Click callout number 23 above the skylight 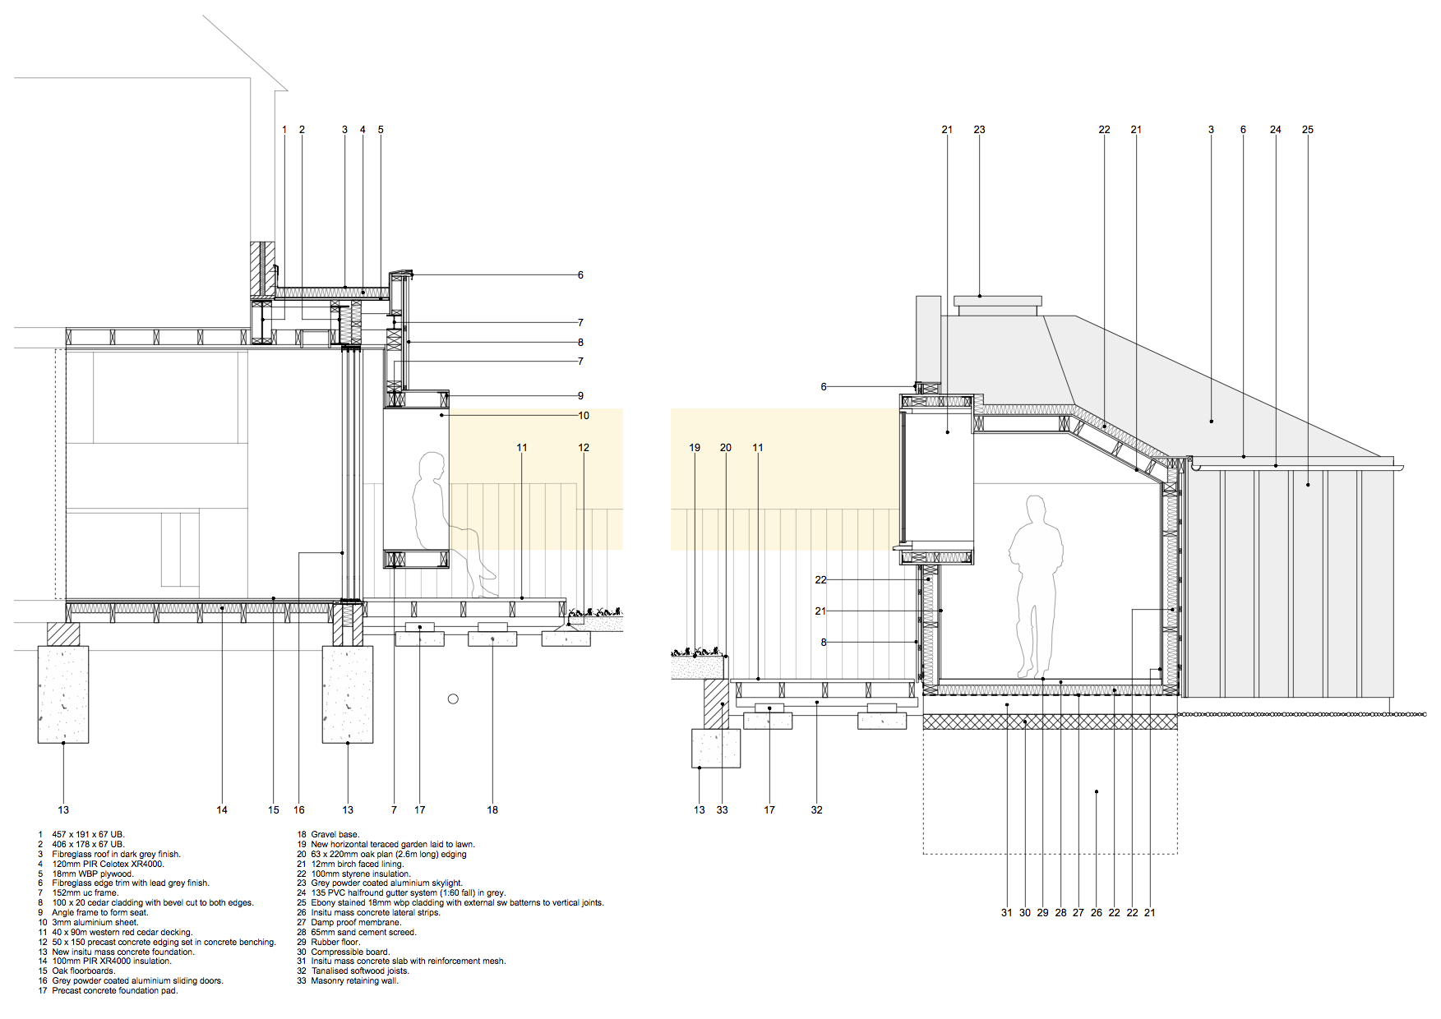[979, 130]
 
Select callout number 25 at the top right [1308, 130]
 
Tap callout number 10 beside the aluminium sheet [584, 416]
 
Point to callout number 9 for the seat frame [580, 396]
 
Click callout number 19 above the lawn [695, 448]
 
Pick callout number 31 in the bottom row [1006, 913]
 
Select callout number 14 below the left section [222, 810]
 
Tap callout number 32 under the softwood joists [816, 810]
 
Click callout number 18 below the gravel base [492, 810]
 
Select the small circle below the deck [453, 699]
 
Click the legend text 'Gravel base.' [335, 835]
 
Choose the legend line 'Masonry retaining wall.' [354, 981]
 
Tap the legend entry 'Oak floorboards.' [84, 971]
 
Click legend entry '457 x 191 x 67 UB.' [88, 835]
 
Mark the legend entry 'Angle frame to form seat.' [100, 913]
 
